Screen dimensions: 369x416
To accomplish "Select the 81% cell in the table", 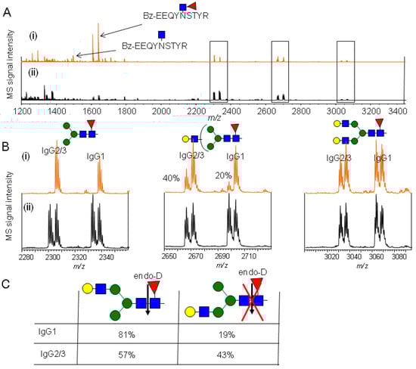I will coord(127,330).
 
